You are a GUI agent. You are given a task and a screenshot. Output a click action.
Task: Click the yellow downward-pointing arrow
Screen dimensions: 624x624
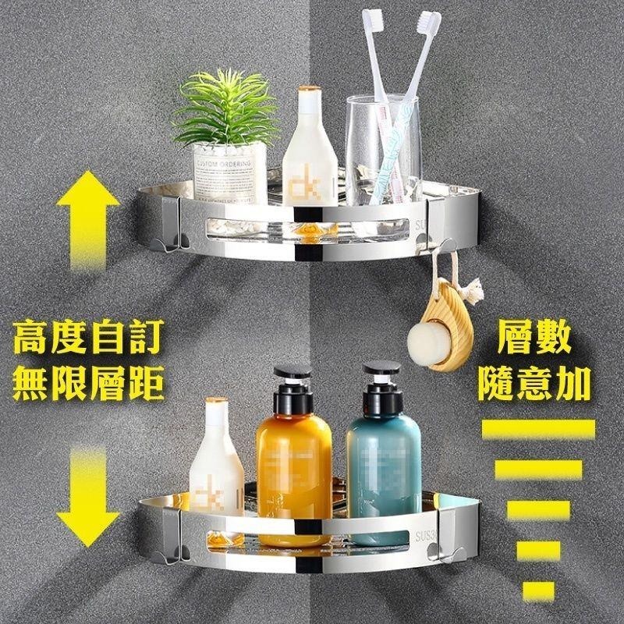88,499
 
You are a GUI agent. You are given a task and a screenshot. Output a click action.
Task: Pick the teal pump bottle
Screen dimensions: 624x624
383,468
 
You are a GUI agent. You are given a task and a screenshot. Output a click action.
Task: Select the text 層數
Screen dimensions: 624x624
539,339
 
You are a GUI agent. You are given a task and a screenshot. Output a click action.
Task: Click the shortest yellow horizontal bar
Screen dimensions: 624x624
538,588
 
